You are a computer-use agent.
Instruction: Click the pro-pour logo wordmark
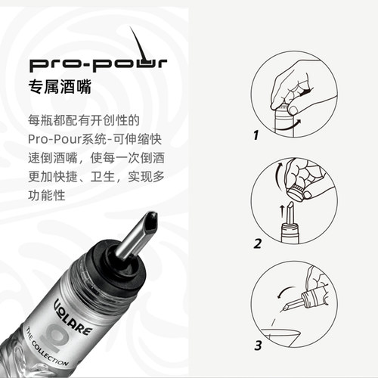click(98, 65)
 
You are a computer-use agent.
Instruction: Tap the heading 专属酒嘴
click(60, 87)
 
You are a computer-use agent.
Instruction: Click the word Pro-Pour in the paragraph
click(54, 139)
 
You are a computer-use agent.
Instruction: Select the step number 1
click(256, 135)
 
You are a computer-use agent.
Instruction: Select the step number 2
click(258, 244)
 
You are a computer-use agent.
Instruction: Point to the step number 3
click(258, 345)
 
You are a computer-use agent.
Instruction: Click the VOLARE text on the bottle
click(73, 316)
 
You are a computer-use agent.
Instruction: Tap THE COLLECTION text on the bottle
click(47, 346)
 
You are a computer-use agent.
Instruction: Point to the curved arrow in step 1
click(287, 126)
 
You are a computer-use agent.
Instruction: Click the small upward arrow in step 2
click(282, 211)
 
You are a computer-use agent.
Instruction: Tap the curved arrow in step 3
click(284, 290)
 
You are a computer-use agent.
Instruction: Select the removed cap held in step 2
click(296, 194)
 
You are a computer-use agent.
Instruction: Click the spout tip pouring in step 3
click(286, 307)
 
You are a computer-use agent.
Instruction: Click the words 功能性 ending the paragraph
click(47, 196)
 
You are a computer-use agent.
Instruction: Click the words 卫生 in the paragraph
click(103, 177)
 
